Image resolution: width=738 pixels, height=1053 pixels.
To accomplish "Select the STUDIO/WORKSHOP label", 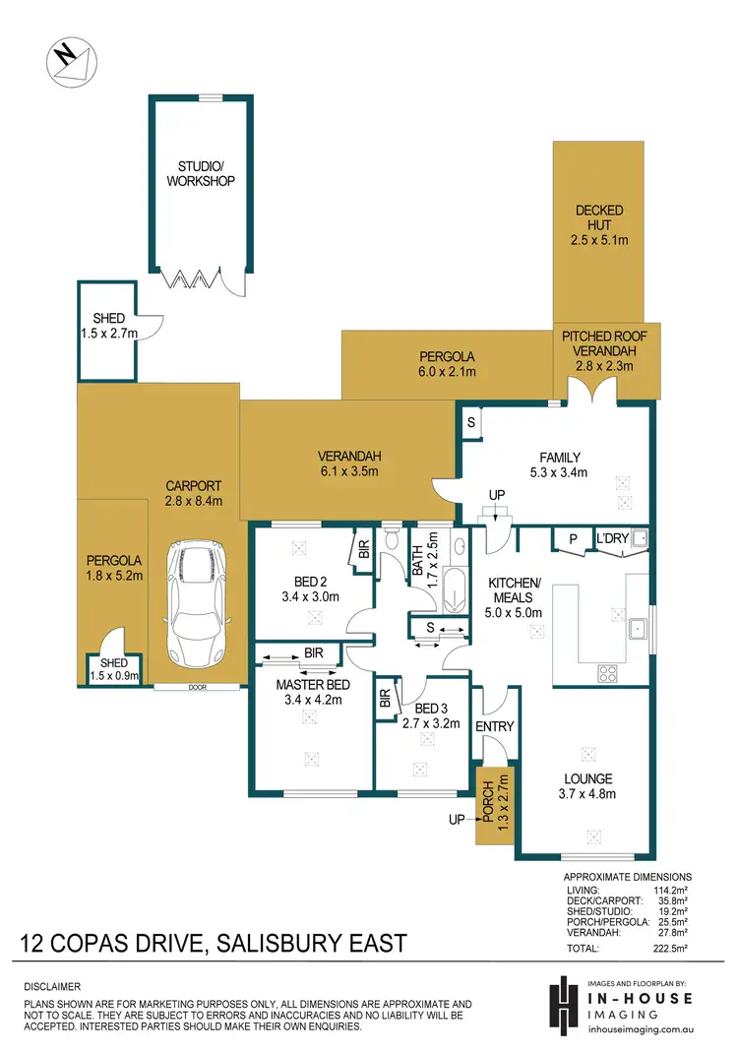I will point(200,174).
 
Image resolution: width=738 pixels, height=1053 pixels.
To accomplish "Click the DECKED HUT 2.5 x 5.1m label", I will point(600,224).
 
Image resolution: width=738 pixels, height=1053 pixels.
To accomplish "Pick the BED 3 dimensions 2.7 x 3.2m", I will point(431,721).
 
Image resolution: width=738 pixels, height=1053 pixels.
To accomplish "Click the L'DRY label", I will point(611,538).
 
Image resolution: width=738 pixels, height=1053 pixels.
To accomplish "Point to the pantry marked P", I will point(571,538).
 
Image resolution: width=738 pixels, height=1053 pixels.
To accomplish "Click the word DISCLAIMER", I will point(52,985).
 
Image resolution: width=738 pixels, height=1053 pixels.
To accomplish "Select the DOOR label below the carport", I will point(197,688).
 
